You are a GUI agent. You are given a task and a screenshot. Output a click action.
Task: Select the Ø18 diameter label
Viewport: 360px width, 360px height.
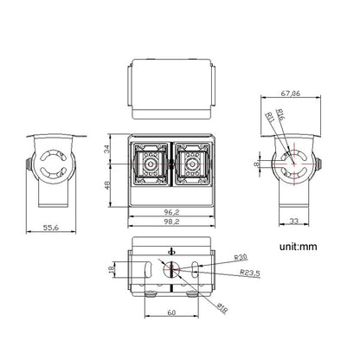[x=222, y=304]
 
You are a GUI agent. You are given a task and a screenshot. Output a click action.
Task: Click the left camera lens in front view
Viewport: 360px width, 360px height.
[x=150, y=163]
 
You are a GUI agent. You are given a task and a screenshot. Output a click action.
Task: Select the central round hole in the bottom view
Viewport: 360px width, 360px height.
[x=171, y=269]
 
